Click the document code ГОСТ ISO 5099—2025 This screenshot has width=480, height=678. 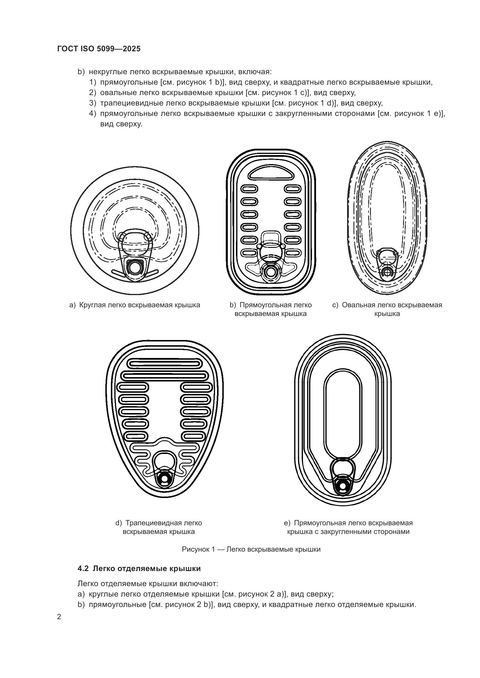(99, 49)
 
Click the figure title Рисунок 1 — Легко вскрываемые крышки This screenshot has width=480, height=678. (251, 549)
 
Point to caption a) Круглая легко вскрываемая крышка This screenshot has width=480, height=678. (134, 305)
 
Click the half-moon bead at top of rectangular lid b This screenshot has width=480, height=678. (271, 173)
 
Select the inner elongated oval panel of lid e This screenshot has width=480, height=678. (343, 413)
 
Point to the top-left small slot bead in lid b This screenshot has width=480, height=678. (250, 188)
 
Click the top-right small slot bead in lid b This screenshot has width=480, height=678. (293, 188)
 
